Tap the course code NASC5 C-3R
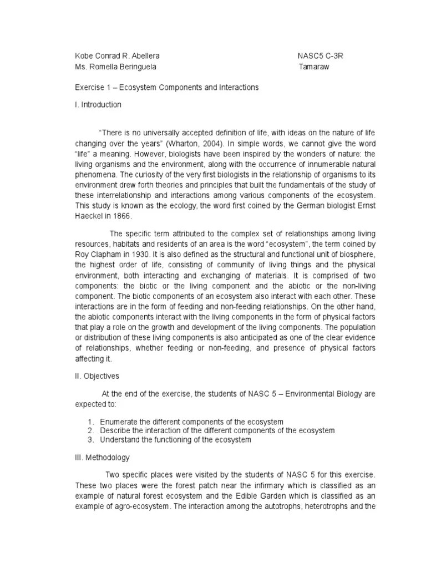point(324,57)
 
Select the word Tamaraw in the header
point(317,67)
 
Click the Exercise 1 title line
point(167,88)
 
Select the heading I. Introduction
point(98,104)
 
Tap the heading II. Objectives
point(97,376)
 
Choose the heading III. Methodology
point(103,458)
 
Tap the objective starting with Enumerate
point(192,422)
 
